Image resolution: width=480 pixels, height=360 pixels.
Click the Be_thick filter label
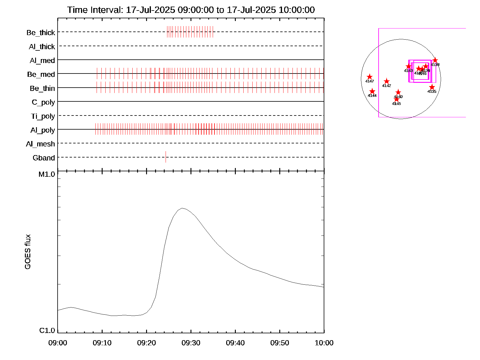[x=41, y=32]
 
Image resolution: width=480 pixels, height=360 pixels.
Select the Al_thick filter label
[x=42, y=46]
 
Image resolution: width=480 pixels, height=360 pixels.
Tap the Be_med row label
[x=41, y=74]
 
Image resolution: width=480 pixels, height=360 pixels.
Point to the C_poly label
[x=43, y=102]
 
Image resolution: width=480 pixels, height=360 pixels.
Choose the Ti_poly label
[x=43, y=116]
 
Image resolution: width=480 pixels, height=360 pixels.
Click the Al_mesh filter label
[x=40, y=144]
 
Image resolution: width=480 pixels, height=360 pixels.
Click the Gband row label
[x=44, y=158]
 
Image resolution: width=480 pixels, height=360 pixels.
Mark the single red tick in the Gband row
[x=166, y=157]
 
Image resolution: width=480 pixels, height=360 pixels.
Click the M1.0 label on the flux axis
[x=47, y=174]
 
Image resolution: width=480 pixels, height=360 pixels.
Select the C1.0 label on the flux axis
[x=47, y=330]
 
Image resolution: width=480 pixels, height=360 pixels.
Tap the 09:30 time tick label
[x=191, y=343]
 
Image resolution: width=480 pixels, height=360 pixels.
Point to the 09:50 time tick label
[x=280, y=343]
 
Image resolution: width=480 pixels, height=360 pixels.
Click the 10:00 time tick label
[x=324, y=343]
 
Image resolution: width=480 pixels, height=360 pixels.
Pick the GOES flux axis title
[x=28, y=252]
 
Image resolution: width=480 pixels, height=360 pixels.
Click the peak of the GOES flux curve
[x=182, y=208]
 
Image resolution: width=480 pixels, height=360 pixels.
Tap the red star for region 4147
[x=370, y=77]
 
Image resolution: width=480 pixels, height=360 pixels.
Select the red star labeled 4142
[x=387, y=81]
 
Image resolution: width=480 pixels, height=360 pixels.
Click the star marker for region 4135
[x=432, y=87]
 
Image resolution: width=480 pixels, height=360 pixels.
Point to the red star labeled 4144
[x=372, y=91]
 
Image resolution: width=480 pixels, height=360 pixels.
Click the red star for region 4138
[x=435, y=60]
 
